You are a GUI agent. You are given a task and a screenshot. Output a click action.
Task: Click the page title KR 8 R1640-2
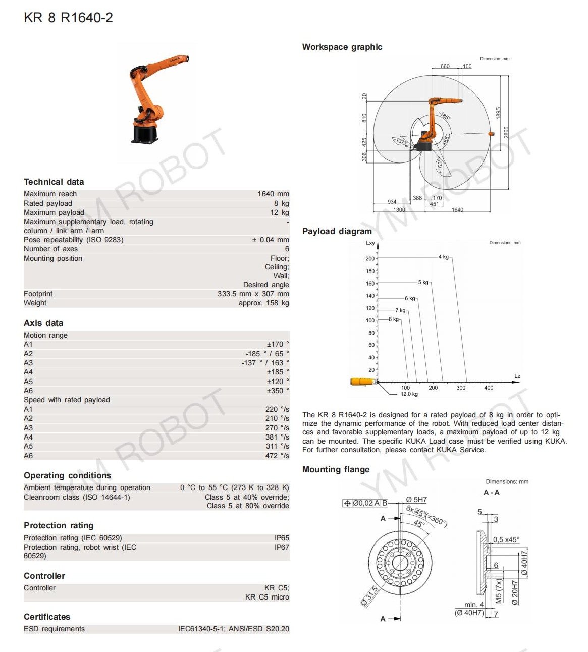tap(68, 18)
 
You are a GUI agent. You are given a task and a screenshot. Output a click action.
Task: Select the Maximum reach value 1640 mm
tap(273, 194)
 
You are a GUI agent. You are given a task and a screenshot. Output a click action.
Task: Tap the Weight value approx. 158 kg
tap(263, 303)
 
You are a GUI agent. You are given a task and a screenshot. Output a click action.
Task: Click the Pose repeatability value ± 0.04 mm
tap(270, 240)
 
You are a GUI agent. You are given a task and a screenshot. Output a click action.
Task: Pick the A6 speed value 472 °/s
tap(277, 456)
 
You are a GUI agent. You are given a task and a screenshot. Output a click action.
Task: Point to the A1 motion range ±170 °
tap(278, 344)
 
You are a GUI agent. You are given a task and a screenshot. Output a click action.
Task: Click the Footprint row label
tap(38, 294)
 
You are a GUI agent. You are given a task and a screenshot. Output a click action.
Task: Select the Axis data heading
tap(43, 323)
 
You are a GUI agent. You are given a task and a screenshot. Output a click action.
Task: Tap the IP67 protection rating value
tap(282, 547)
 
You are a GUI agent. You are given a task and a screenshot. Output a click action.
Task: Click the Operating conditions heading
tap(67, 475)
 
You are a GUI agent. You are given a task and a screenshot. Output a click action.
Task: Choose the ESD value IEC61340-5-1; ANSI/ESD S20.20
tap(233, 629)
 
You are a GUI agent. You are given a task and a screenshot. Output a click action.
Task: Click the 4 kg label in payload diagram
tap(443, 257)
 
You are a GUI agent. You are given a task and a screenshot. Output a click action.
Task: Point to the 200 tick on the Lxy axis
tap(370, 258)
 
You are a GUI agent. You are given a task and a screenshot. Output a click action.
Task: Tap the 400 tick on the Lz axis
tap(489, 388)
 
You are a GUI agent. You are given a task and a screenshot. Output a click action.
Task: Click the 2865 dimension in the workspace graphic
tap(506, 132)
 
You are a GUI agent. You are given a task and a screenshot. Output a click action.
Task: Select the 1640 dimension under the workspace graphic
tap(457, 210)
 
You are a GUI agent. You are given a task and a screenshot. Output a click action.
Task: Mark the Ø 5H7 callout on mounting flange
tap(416, 500)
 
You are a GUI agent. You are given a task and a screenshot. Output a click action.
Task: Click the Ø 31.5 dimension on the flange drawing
tap(369, 596)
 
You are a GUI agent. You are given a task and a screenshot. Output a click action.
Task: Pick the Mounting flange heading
tap(336, 469)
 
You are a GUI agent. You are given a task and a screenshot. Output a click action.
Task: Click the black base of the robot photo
tap(145, 135)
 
